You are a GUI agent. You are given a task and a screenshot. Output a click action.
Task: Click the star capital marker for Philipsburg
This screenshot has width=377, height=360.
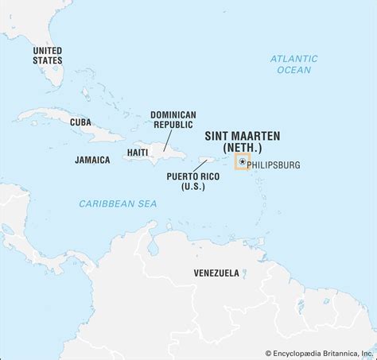click(x=242, y=162)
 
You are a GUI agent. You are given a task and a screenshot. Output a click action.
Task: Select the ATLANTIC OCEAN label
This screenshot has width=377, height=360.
click(x=293, y=64)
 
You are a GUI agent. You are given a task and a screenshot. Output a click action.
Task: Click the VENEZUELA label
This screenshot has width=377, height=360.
click(x=216, y=273)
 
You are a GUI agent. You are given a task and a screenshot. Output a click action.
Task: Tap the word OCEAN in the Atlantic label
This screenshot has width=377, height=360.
click(x=293, y=70)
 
